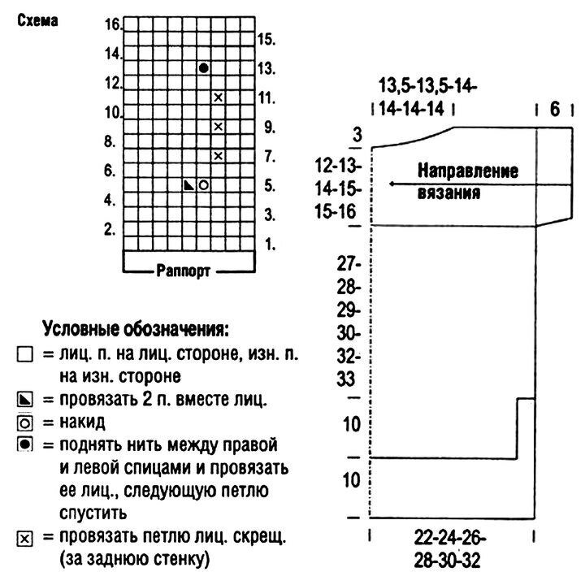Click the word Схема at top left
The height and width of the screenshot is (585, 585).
pyautogui.click(x=37, y=21)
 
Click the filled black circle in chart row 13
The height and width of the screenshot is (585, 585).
pyautogui.click(x=204, y=68)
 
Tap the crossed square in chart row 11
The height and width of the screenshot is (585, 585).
pyautogui.click(x=219, y=97)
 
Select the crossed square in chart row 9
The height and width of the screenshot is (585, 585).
pyautogui.click(x=219, y=127)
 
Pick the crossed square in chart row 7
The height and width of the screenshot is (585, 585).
pyautogui.click(x=219, y=155)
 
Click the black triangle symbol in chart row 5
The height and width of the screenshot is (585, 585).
pyautogui.click(x=189, y=185)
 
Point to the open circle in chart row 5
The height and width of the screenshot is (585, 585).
pyautogui.click(x=204, y=185)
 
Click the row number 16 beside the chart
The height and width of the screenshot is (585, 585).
pyautogui.click(x=113, y=24)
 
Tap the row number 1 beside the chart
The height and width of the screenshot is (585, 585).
pyautogui.click(x=270, y=245)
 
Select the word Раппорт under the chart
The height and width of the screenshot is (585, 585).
pyautogui.click(x=183, y=271)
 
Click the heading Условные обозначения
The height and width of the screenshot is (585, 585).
pyautogui.click(x=136, y=329)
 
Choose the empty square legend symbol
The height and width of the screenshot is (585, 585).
pyautogui.click(x=25, y=354)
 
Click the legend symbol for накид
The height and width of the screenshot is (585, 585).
pyautogui.click(x=25, y=423)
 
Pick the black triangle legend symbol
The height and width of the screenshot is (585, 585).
pyautogui.click(x=25, y=400)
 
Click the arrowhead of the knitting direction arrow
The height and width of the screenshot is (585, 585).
pyautogui.click(x=392, y=184)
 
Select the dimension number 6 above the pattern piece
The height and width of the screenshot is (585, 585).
pyautogui.click(x=555, y=110)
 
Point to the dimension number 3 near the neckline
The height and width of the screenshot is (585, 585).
pyautogui.click(x=357, y=134)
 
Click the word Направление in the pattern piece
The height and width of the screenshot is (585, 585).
pyautogui.click(x=468, y=171)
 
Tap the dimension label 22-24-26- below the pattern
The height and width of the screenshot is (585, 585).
pyautogui.click(x=449, y=538)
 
